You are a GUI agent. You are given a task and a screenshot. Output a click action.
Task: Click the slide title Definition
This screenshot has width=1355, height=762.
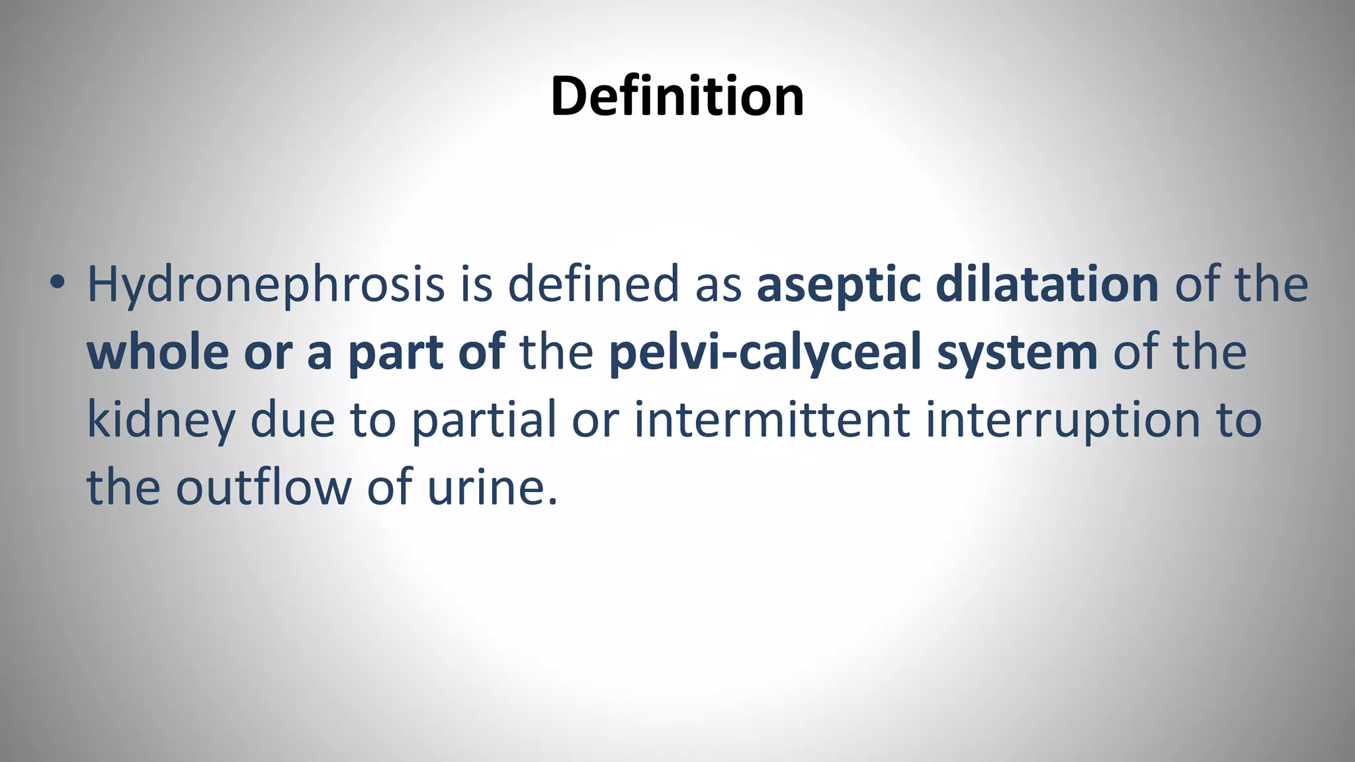tap(677, 97)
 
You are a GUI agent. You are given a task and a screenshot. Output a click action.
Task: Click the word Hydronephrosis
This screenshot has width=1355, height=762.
tap(265, 284)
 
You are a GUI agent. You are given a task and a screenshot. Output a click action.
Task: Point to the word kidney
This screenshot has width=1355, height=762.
tap(161, 421)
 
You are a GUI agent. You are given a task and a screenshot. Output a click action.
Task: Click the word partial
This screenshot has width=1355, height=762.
tap(484, 421)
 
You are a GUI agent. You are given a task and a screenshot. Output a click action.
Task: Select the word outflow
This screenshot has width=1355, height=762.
tap(263, 487)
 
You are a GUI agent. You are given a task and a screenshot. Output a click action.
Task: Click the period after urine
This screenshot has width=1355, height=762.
tap(552, 501)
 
